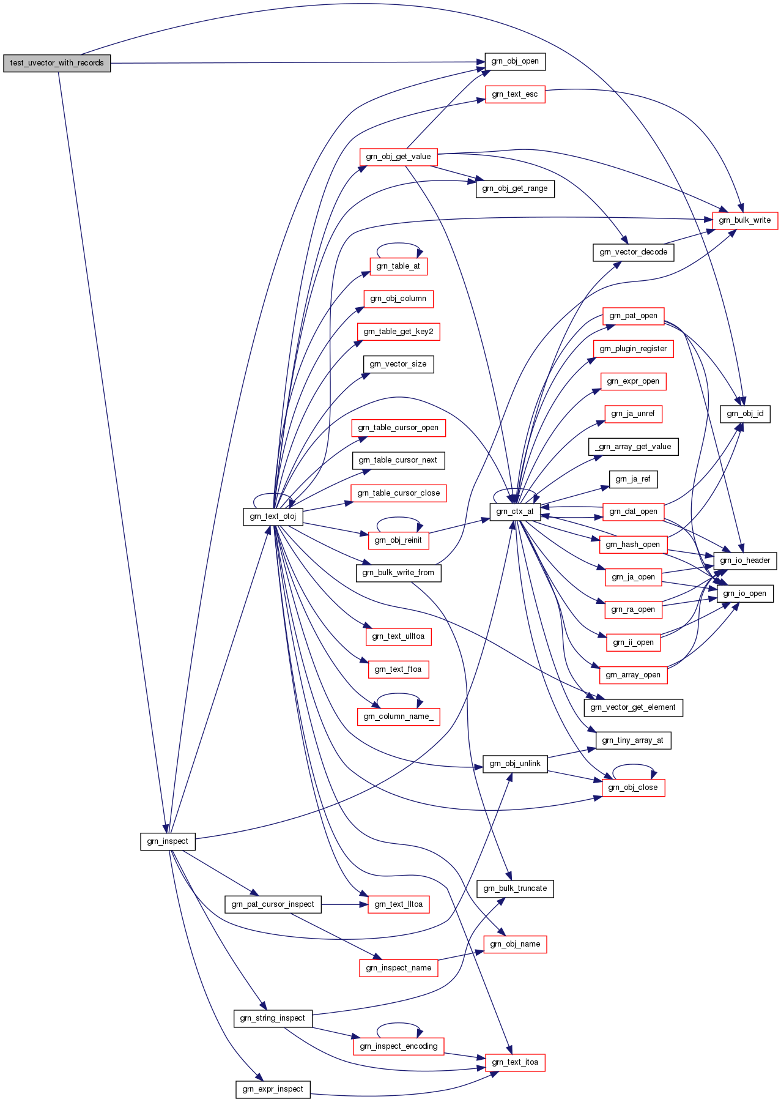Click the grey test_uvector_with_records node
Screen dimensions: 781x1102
coord(57,63)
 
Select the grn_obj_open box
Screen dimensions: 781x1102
coord(515,61)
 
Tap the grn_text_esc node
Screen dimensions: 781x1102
coord(515,94)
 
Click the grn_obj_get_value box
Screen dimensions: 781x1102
coord(398,157)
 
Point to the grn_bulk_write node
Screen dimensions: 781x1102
coord(745,220)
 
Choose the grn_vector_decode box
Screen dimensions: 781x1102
coord(634,252)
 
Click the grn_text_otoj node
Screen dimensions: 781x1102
coord(273,516)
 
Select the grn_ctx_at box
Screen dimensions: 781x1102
coord(515,512)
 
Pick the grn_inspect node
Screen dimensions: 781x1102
coord(168,841)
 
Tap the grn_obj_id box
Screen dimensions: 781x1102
coord(745,414)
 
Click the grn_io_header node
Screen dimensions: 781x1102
coord(745,560)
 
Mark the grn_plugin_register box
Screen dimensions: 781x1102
coord(633,349)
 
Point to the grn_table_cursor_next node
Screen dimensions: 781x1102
coord(398,460)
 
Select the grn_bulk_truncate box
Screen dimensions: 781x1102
coord(515,888)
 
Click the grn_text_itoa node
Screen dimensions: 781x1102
coord(515,1062)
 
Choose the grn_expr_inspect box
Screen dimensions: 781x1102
coord(273,1089)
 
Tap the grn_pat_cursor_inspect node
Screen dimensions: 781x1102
coord(273,904)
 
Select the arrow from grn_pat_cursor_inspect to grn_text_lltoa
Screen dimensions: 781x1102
coord(344,904)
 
